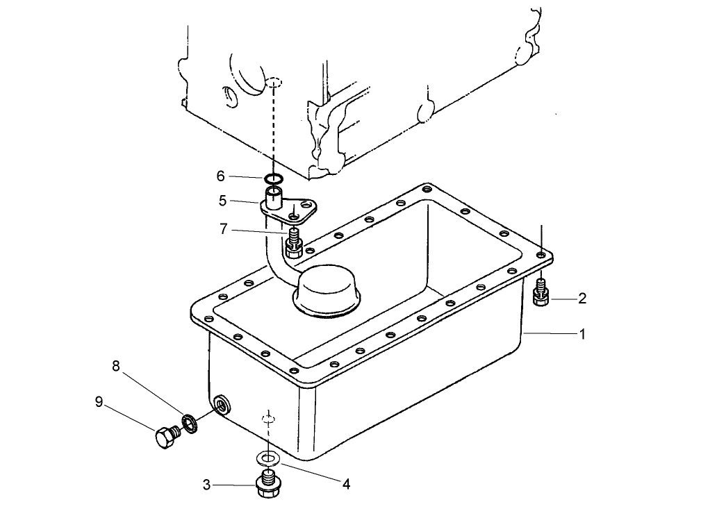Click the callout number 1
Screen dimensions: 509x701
coord(582,335)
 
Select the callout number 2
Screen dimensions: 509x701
coord(582,299)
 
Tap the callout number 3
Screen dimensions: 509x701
coord(206,485)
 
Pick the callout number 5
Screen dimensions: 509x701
coord(222,200)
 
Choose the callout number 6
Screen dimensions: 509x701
coord(220,176)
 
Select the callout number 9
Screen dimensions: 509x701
coord(99,401)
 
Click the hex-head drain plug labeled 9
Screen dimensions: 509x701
coord(165,437)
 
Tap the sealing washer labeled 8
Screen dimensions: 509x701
coord(188,421)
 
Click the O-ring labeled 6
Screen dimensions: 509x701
coord(274,179)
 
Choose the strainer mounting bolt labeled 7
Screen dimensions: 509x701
coord(293,243)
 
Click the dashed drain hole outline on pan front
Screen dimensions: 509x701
coord(269,419)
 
